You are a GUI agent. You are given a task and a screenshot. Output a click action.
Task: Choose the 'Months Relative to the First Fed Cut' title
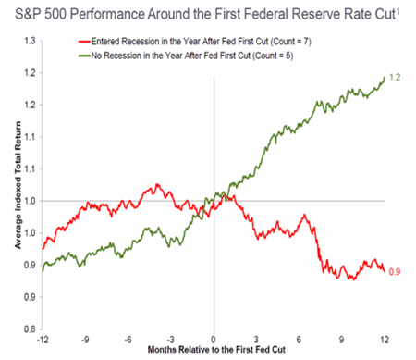(x=214, y=353)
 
